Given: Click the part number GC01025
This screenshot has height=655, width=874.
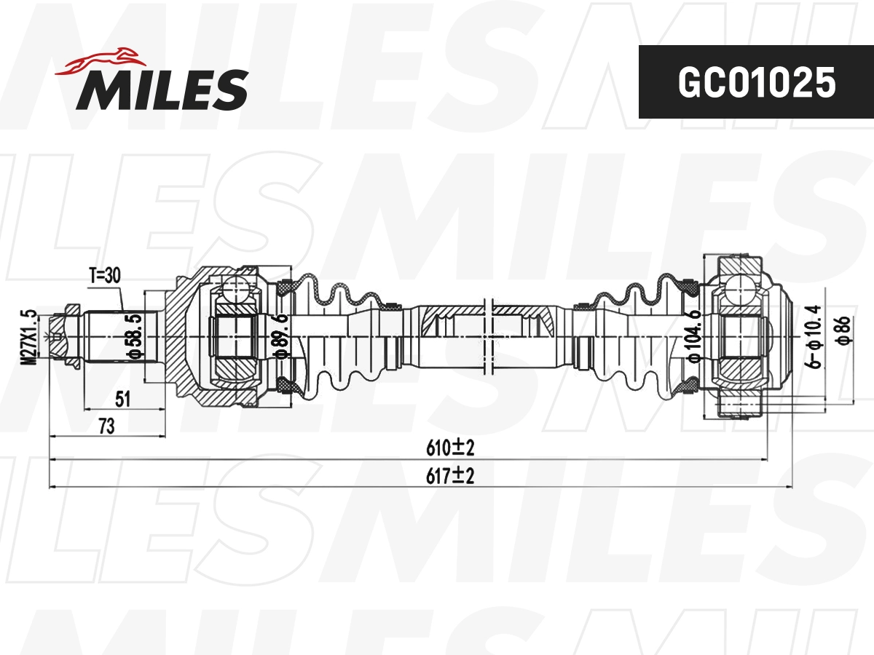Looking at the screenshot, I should pyautogui.click(x=755, y=83).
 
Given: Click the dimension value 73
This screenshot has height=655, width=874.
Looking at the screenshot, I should pyautogui.click(x=106, y=426).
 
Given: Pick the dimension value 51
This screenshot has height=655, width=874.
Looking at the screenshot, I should pyautogui.click(x=123, y=398).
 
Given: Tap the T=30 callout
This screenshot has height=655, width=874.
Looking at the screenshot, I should pyautogui.click(x=104, y=275).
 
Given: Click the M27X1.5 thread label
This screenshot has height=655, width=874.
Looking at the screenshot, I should pyautogui.click(x=30, y=338).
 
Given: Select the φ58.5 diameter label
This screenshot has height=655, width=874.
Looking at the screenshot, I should pyautogui.click(x=133, y=337).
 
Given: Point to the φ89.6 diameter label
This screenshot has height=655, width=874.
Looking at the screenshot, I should pyautogui.click(x=281, y=337).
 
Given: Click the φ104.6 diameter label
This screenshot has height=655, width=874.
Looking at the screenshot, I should pyautogui.click(x=693, y=337).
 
